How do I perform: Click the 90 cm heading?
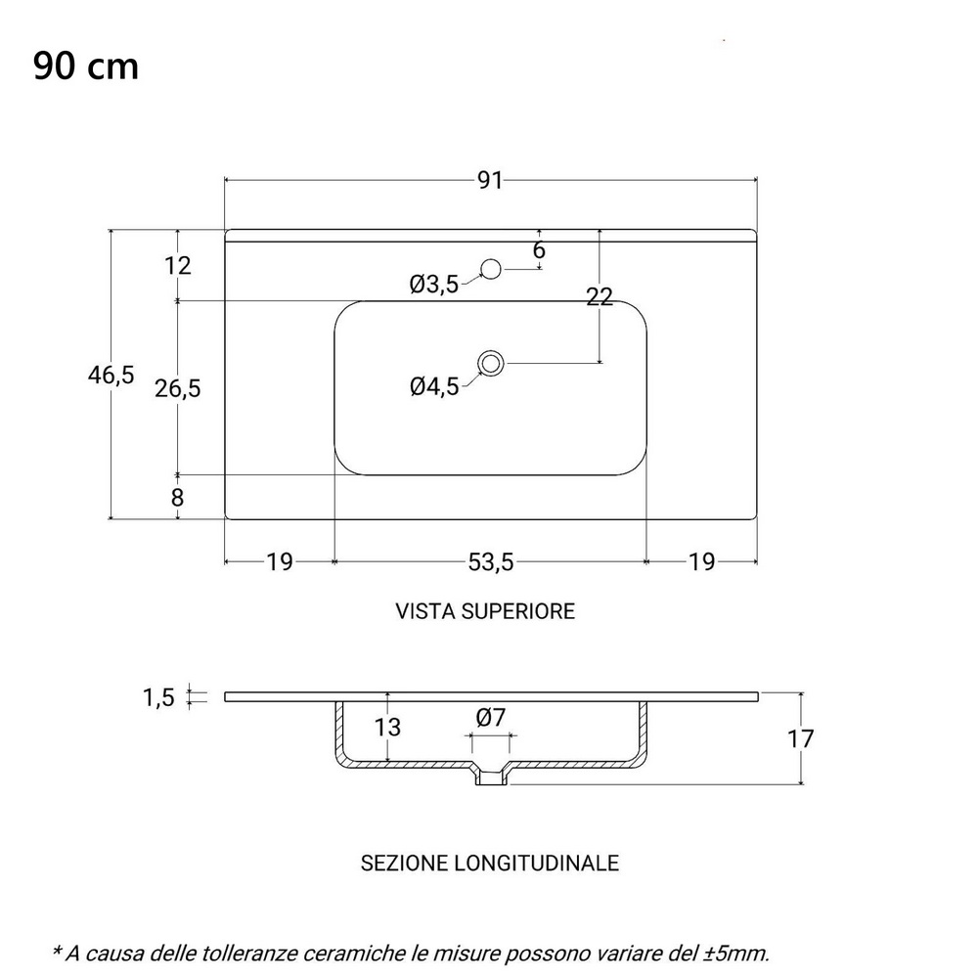pos(85,66)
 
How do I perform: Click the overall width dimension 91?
pos(490,180)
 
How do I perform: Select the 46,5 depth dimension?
pos(111,375)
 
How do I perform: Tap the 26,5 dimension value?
pos(178,388)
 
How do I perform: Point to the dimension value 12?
pos(178,265)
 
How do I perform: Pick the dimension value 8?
pos(177,497)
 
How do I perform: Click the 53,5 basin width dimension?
pos(490,561)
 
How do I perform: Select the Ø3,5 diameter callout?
pos(433,285)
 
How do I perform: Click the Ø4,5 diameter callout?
pos(434,387)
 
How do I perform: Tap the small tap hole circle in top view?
pos(491,267)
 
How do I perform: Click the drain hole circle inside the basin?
pos(491,364)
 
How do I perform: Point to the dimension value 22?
pos(600,298)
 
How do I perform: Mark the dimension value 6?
pos(539,250)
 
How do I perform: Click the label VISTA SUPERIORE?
pos(485,611)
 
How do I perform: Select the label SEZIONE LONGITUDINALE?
pos(490,863)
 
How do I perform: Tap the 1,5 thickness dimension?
pos(158,697)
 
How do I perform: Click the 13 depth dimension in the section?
pos(388,727)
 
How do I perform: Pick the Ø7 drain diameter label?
pos(491,717)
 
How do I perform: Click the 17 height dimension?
pos(801,738)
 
